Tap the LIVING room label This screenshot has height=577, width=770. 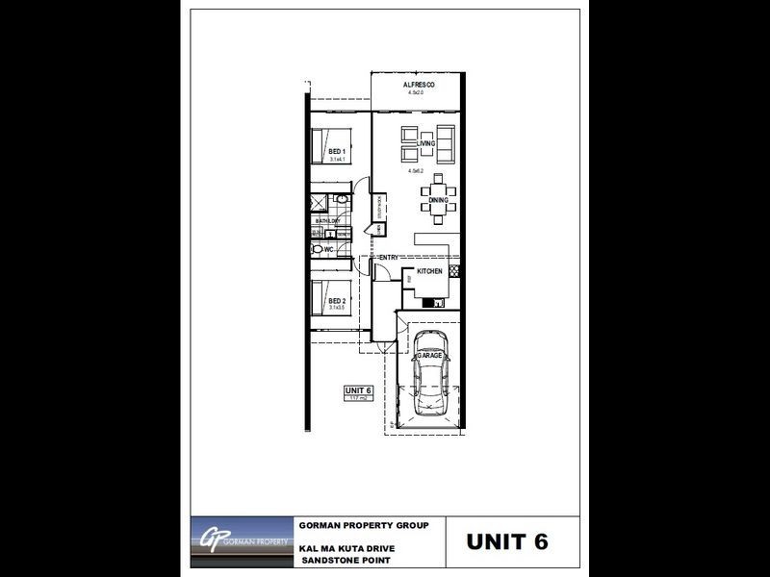click(x=426, y=143)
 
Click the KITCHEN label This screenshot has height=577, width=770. click(x=429, y=273)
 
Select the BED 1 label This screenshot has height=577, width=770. click(x=336, y=152)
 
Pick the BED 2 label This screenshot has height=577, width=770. click(x=336, y=301)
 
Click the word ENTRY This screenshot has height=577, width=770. click(x=389, y=258)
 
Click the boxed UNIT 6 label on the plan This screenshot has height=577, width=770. click(x=358, y=390)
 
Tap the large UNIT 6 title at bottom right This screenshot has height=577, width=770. click(x=507, y=541)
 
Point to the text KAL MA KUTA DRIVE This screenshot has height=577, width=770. click(x=347, y=548)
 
